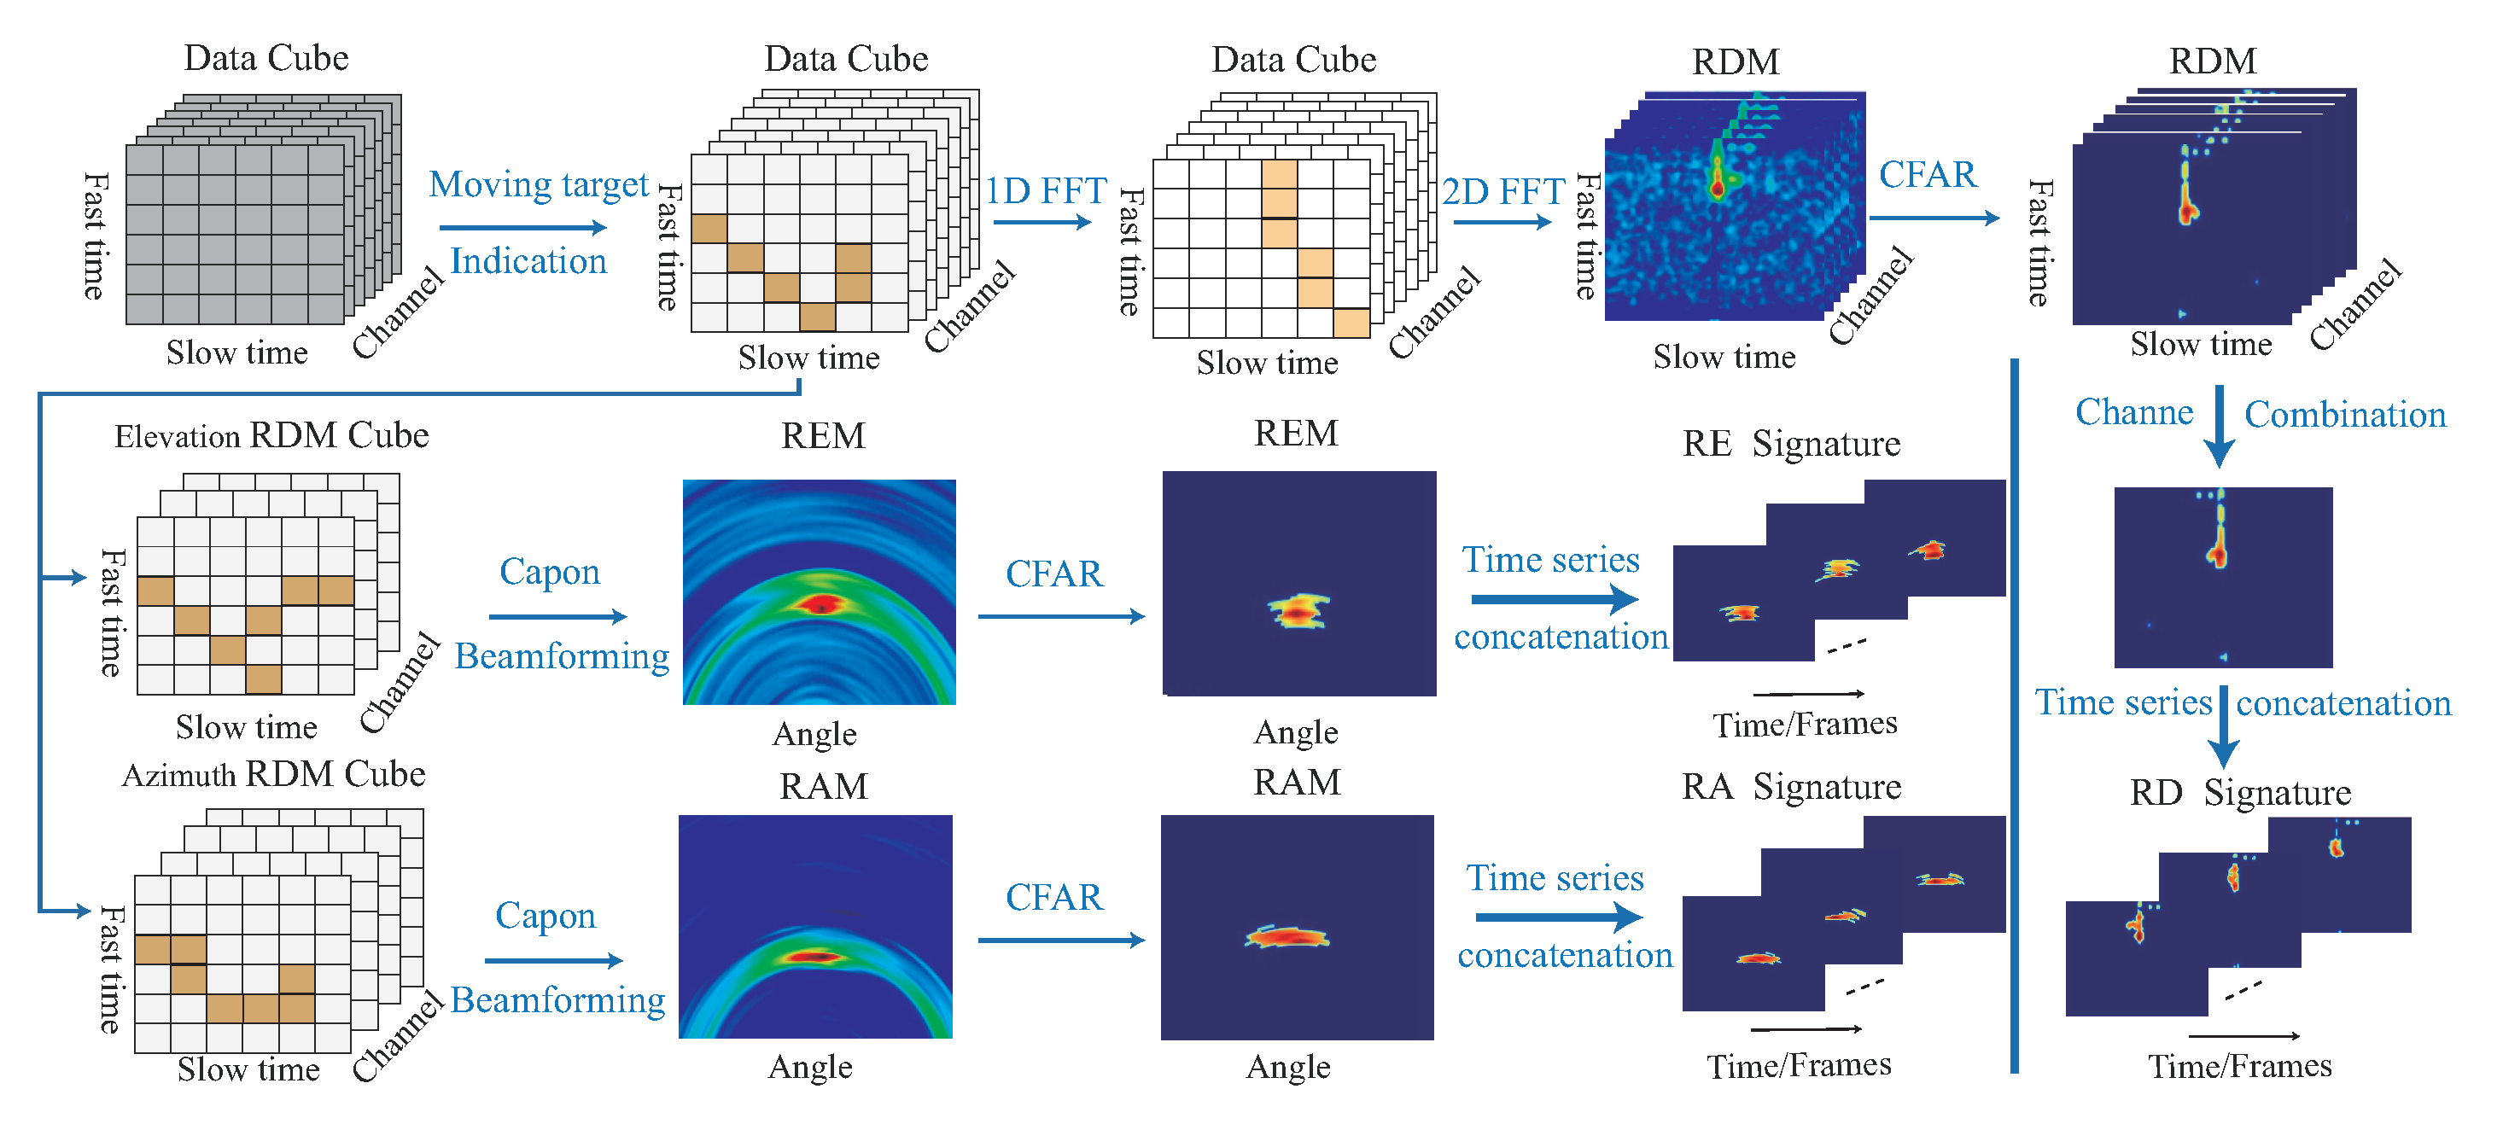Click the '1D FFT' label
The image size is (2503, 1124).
click(x=1046, y=190)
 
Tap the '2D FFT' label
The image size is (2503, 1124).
click(x=1502, y=191)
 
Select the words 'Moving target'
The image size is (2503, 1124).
click(x=539, y=183)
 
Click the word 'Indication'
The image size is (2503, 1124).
click(x=528, y=260)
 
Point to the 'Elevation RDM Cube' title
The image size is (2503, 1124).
click(x=271, y=435)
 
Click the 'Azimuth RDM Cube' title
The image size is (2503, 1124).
click(x=273, y=774)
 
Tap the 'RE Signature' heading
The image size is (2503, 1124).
click(x=1791, y=443)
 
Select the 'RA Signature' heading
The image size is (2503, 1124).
click(x=1791, y=786)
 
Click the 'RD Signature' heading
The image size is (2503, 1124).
click(x=2240, y=792)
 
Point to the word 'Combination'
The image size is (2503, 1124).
click(x=2344, y=415)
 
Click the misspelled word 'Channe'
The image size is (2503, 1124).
click(x=2133, y=412)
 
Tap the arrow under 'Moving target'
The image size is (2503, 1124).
click(x=522, y=227)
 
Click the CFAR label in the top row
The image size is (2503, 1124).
click(x=1927, y=175)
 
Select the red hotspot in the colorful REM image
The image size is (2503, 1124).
click(x=820, y=605)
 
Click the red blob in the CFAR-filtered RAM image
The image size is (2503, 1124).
click(x=1287, y=937)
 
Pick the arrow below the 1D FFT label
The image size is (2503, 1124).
click(x=1041, y=223)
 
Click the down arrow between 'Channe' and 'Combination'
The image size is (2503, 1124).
click(x=2219, y=428)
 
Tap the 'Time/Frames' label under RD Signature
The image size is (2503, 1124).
click(x=2238, y=1067)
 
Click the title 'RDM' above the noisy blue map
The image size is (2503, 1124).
click(x=1736, y=62)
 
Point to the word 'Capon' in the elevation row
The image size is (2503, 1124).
click(x=549, y=571)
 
